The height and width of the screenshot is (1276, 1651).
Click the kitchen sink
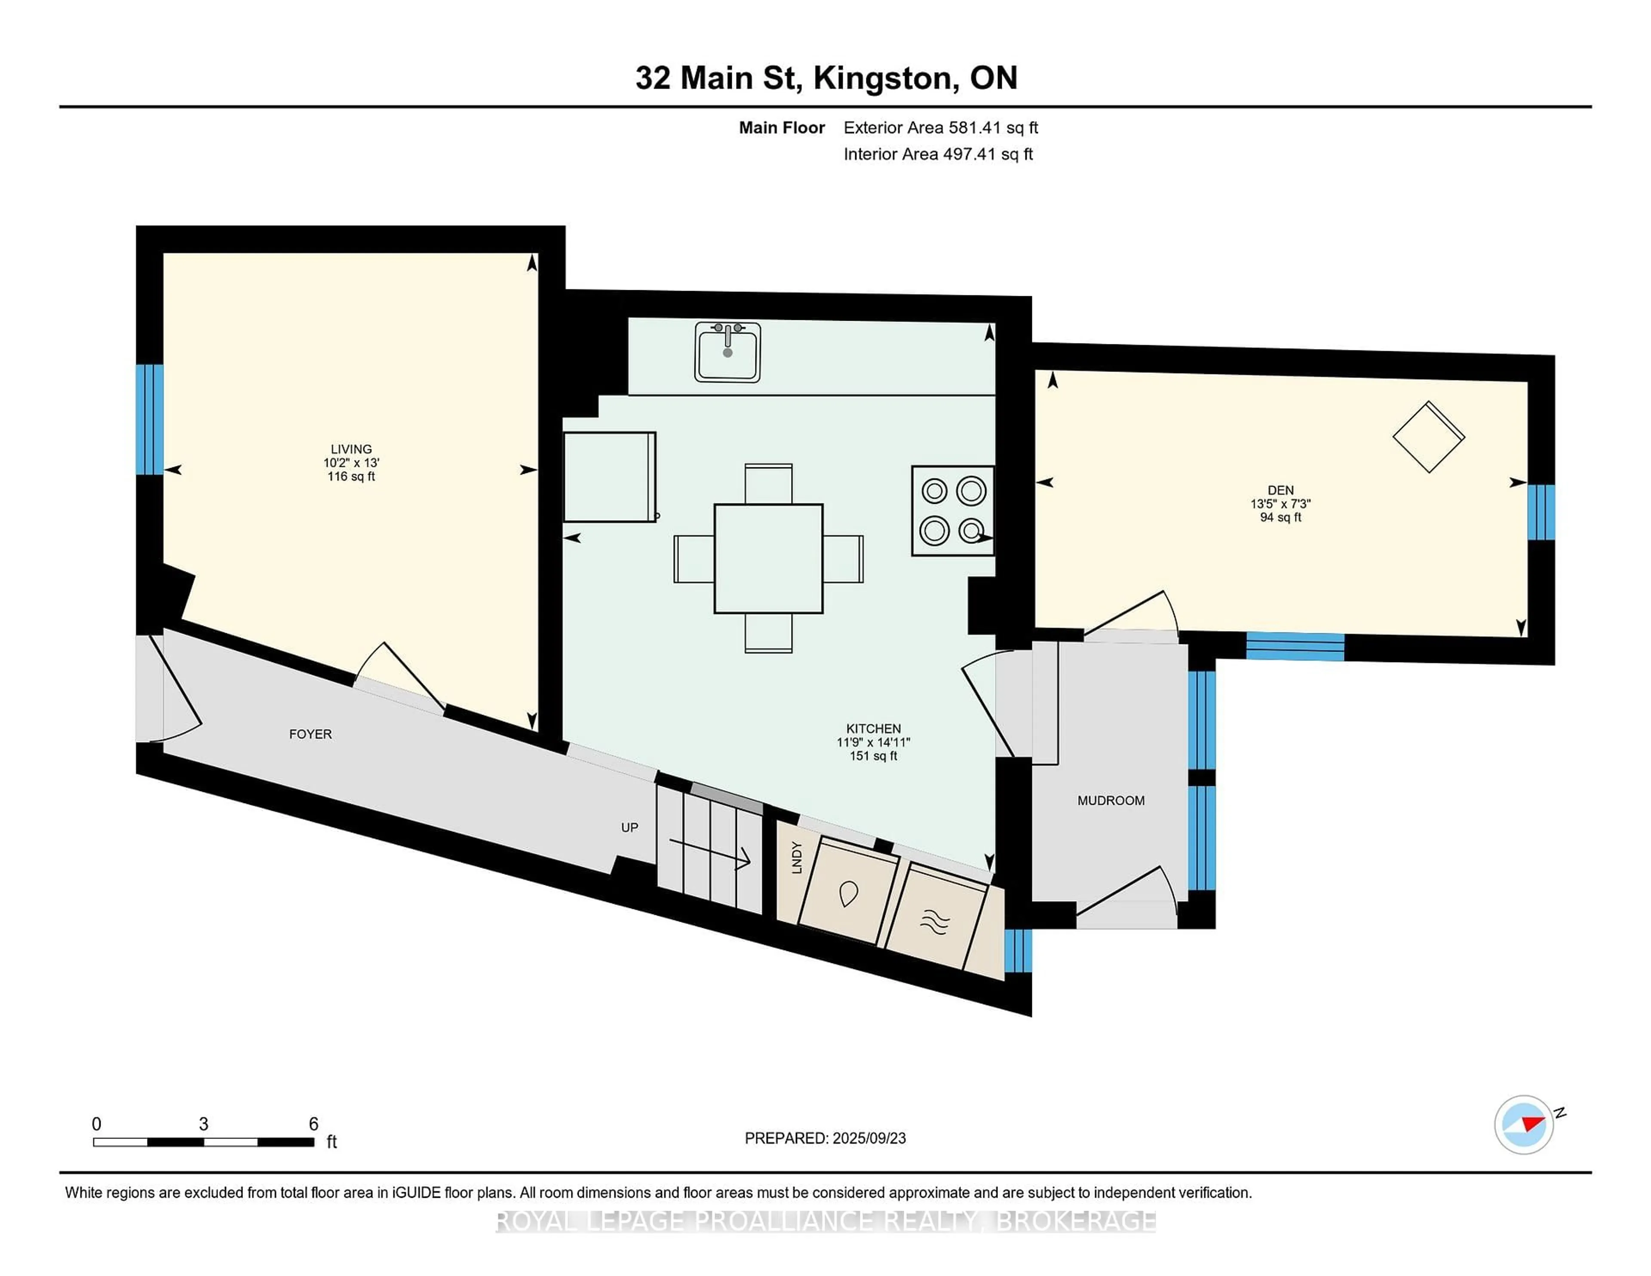pyautogui.click(x=727, y=352)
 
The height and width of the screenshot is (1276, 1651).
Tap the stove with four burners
pyautogui.click(x=952, y=511)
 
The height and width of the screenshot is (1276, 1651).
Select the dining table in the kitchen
pyautogui.click(x=768, y=558)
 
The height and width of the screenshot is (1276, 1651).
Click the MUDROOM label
pyautogui.click(x=1111, y=801)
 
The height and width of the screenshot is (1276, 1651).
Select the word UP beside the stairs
pyautogui.click(x=630, y=828)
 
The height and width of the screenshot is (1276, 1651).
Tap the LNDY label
pyautogui.click(x=795, y=858)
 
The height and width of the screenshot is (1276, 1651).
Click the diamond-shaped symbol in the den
pyautogui.click(x=1429, y=437)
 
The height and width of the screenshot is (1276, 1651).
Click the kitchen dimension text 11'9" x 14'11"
pyautogui.click(x=873, y=742)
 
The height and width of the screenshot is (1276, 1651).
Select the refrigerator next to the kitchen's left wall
pyautogui.click(x=609, y=476)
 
